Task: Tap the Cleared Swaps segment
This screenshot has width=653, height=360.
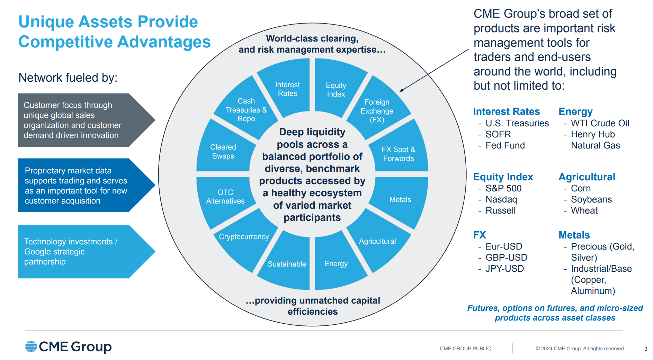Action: (x=223, y=152)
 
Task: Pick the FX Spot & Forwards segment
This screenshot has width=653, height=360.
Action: (x=398, y=154)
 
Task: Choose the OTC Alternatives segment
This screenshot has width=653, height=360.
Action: (x=225, y=197)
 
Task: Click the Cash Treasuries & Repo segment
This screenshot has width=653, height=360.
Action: (x=246, y=110)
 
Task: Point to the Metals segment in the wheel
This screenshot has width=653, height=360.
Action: (x=400, y=200)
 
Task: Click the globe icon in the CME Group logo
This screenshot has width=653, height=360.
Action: (x=31, y=346)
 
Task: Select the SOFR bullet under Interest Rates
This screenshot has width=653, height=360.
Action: (x=498, y=134)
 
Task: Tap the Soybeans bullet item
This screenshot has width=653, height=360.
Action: (x=591, y=199)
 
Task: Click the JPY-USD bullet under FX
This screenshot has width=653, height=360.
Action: (x=504, y=269)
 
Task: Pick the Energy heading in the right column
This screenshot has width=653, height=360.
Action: (x=575, y=111)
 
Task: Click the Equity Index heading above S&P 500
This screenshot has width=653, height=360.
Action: (x=503, y=177)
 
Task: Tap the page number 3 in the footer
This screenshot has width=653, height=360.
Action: (x=646, y=349)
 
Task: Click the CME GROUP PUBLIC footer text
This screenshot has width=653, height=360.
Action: (x=465, y=349)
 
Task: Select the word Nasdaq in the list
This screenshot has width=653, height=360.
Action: (x=501, y=199)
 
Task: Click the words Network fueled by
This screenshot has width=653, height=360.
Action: (x=68, y=78)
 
